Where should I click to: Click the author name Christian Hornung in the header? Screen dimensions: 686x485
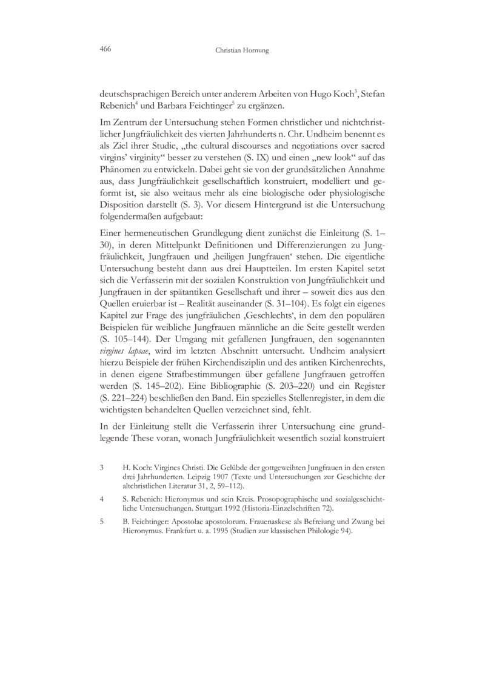click(x=242, y=51)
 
